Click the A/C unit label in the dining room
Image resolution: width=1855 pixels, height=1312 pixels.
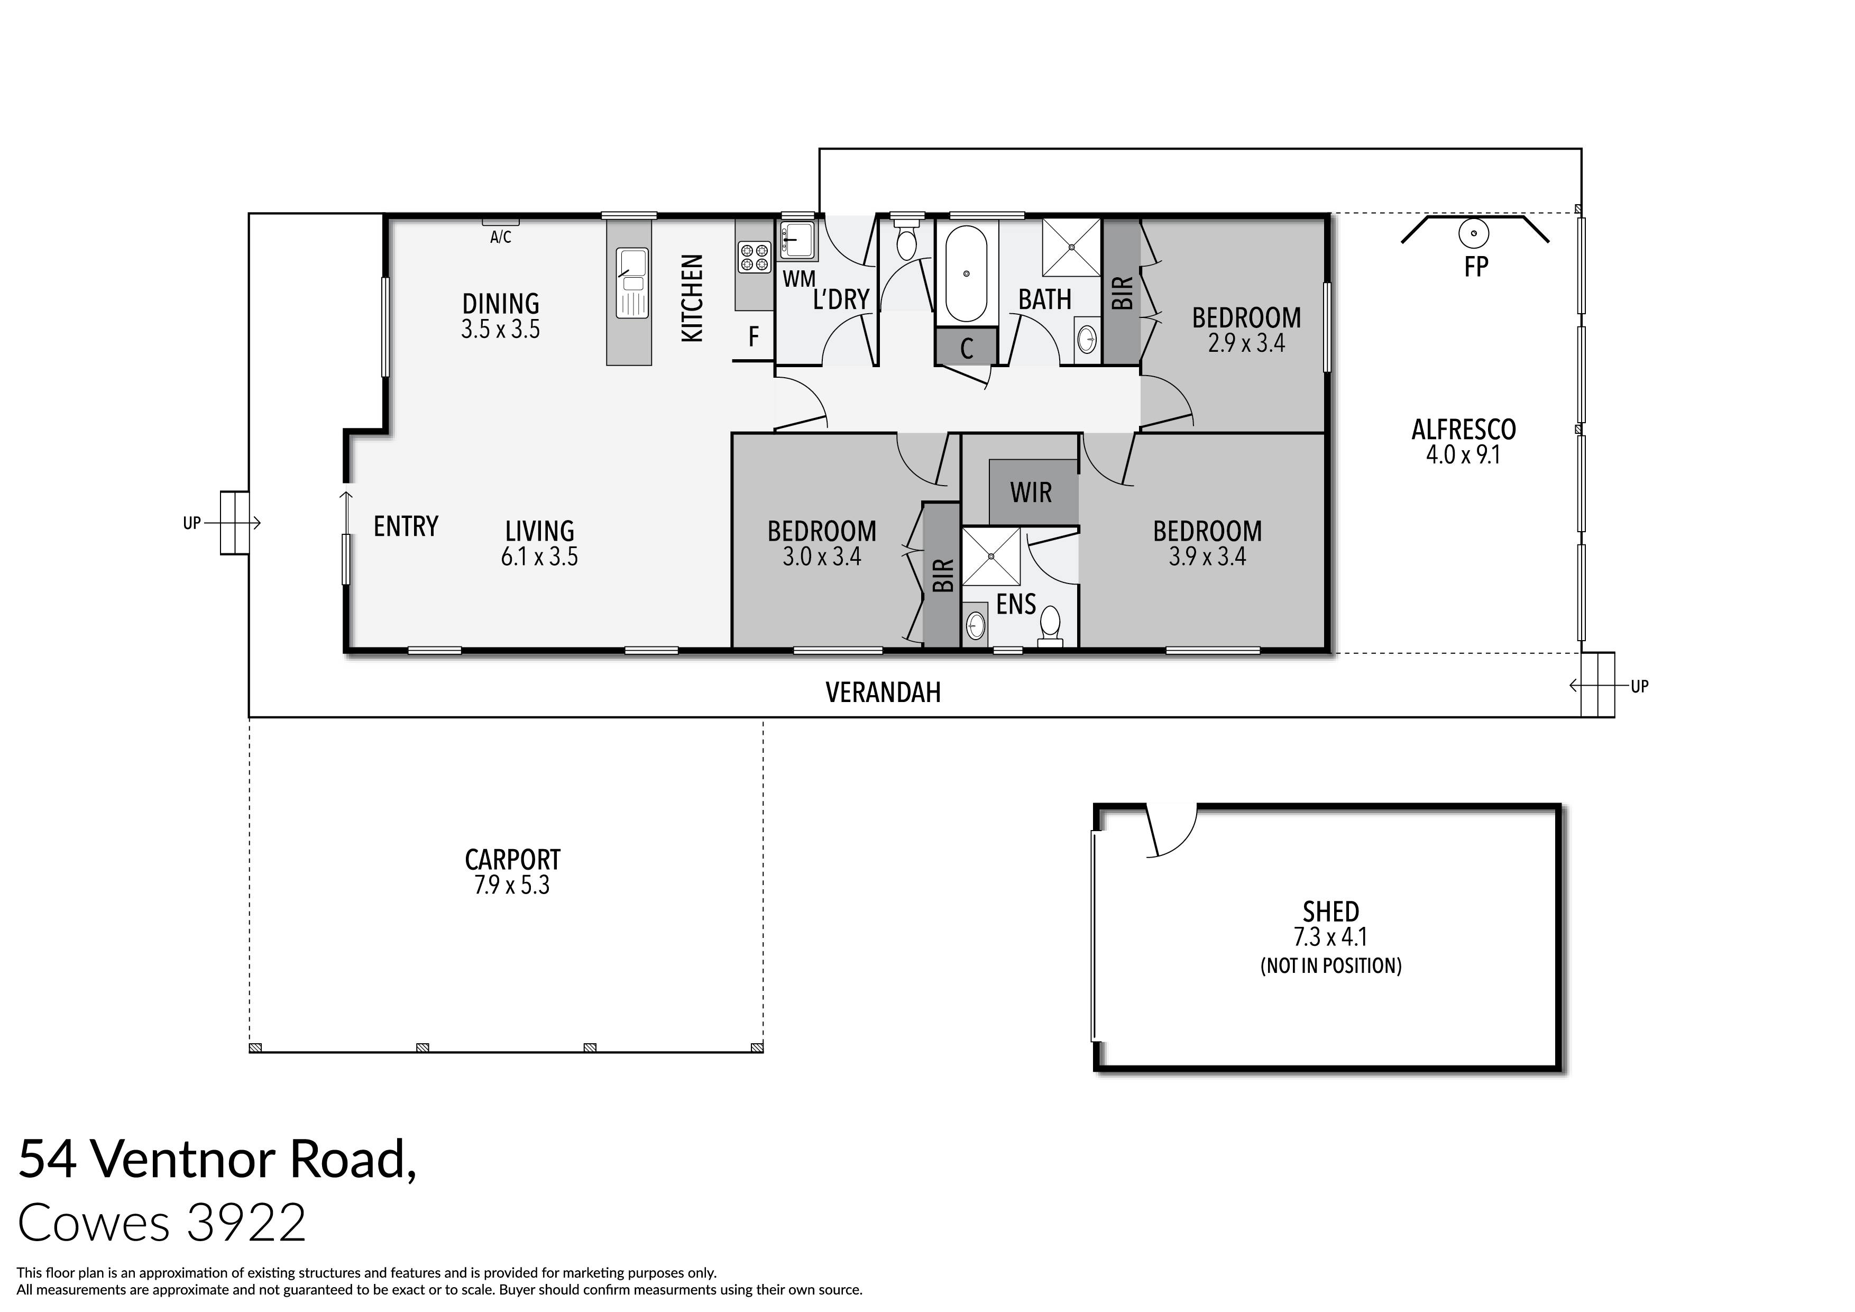[x=500, y=237]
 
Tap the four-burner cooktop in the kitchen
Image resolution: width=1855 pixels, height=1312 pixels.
[x=755, y=257]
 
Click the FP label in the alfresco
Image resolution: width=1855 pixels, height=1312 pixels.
[x=1475, y=267]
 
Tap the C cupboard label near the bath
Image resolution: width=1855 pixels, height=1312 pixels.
[x=966, y=349]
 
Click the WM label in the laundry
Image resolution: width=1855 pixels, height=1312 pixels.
[x=798, y=279]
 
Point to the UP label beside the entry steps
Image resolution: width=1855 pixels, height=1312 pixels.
[x=191, y=523]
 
